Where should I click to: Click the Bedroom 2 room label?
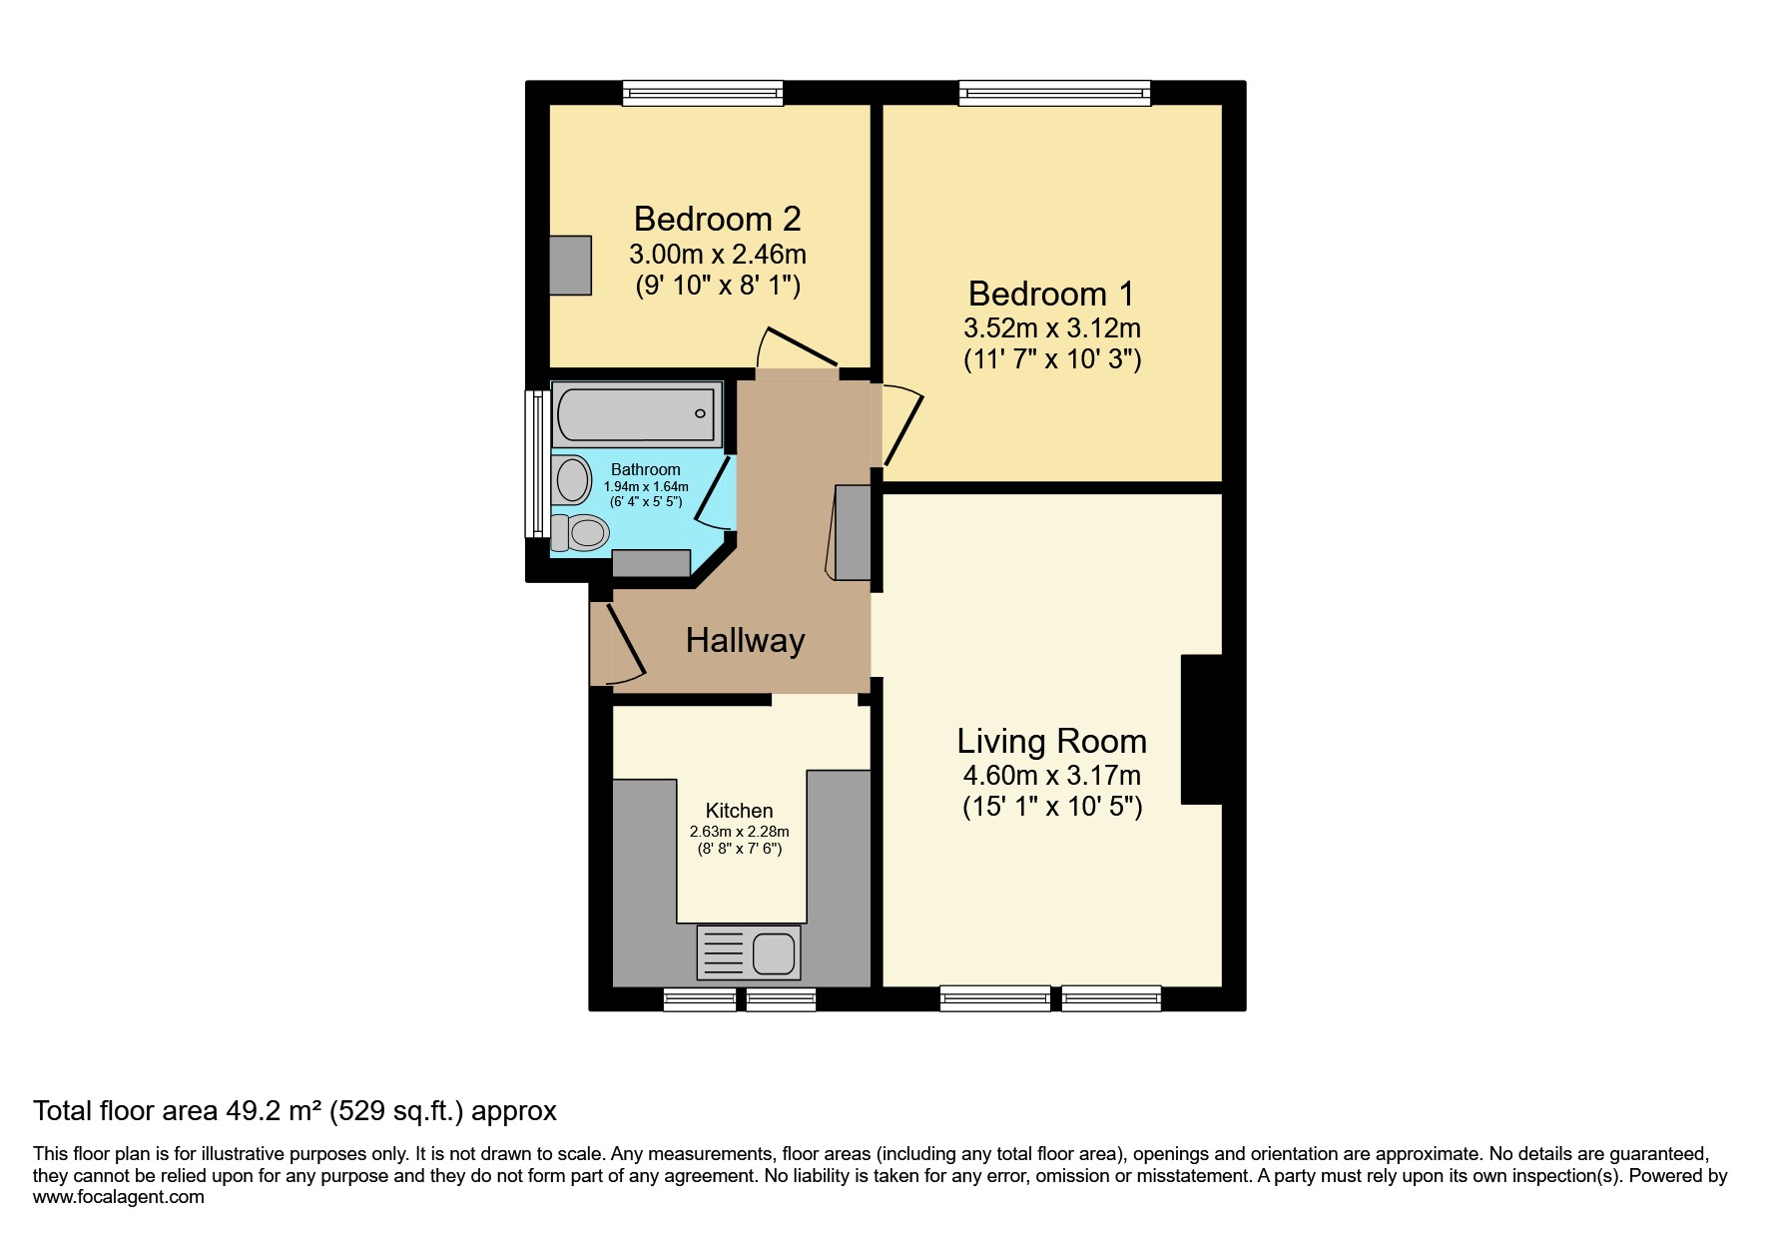tap(717, 219)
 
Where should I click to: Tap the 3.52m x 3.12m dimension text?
tap(1051, 328)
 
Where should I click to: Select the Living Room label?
tap(1051, 741)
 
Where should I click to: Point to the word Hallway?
tap(745, 640)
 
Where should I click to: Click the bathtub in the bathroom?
tap(636, 413)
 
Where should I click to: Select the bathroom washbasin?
tap(573, 479)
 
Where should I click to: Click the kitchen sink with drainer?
tap(748, 952)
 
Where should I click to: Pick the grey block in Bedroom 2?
tap(571, 265)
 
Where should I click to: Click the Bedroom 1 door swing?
tap(901, 424)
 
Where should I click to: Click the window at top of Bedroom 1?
tap(1054, 94)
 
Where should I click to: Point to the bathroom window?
tap(537, 463)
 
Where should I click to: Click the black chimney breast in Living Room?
tap(1201, 729)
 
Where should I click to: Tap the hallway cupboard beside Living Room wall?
tap(853, 532)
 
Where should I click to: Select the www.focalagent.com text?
tap(118, 1197)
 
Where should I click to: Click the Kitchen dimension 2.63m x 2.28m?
tap(739, 832)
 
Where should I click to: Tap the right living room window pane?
tap(1110, 997)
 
